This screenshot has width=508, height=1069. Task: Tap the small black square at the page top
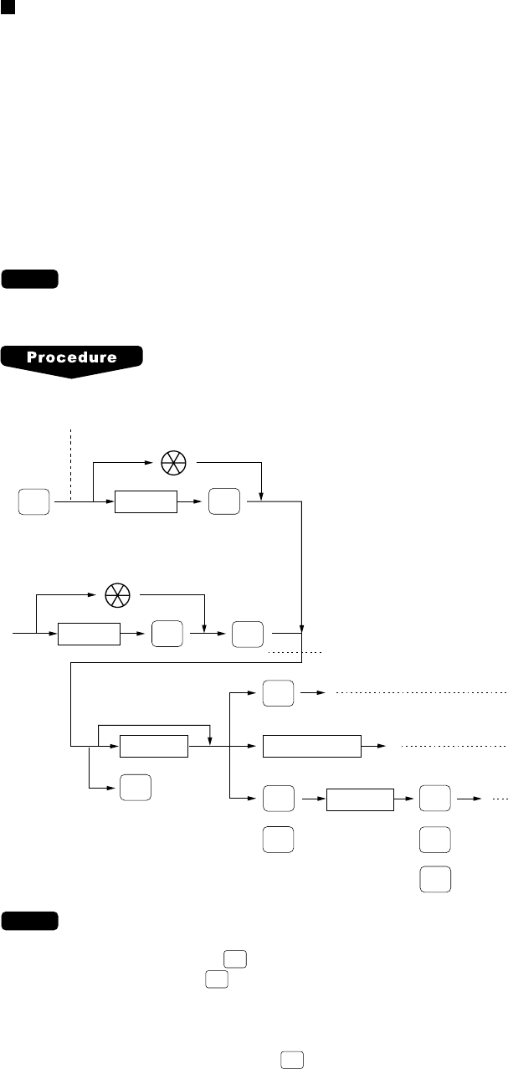(x=6, y=6)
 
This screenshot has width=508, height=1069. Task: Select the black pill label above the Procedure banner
(x=30, y=279)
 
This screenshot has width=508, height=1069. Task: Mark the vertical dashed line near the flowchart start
(x=72, y=460)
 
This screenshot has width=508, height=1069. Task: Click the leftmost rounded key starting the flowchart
(x=33, y=502)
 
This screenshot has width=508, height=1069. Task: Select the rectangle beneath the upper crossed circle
(x=146, y=502)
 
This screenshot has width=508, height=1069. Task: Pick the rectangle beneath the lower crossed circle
(x=89, y=635)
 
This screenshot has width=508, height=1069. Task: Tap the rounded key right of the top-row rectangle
(x=225, y=502)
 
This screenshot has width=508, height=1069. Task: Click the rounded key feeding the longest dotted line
(x=279, y=693)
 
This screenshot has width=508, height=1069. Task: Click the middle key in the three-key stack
(x=434, y=830)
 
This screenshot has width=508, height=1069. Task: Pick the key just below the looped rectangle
(x=136, y=787)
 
